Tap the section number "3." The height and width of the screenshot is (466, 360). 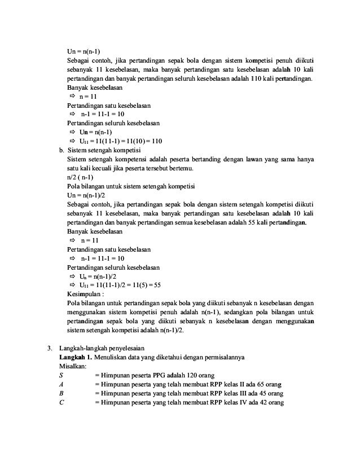[50, 348]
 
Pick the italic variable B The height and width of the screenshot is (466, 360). [61, 393]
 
